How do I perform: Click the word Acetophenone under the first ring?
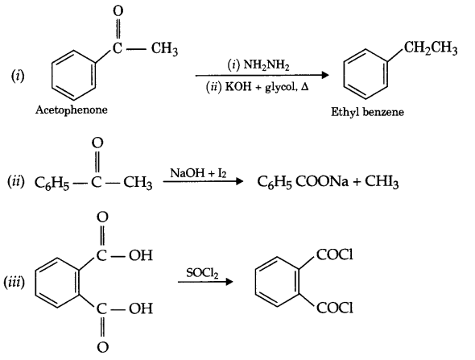point(71,109)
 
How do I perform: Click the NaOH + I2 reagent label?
point(195,172)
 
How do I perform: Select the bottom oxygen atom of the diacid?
point(102,348)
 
